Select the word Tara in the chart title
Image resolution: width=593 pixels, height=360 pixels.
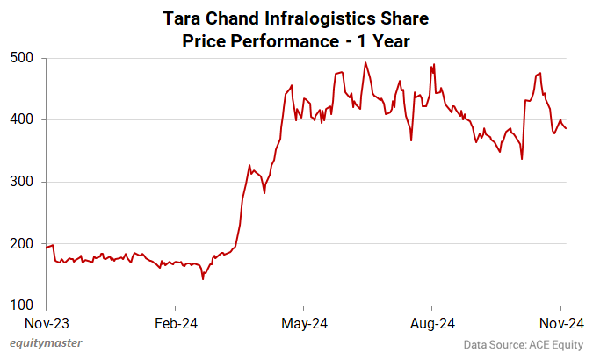[x=181, y=18]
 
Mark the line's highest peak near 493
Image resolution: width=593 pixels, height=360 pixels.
[x=365, y=62]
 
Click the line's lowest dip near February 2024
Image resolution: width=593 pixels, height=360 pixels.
[x=203, y=279]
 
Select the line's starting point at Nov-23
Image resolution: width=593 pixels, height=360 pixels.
[x=46, y=248]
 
